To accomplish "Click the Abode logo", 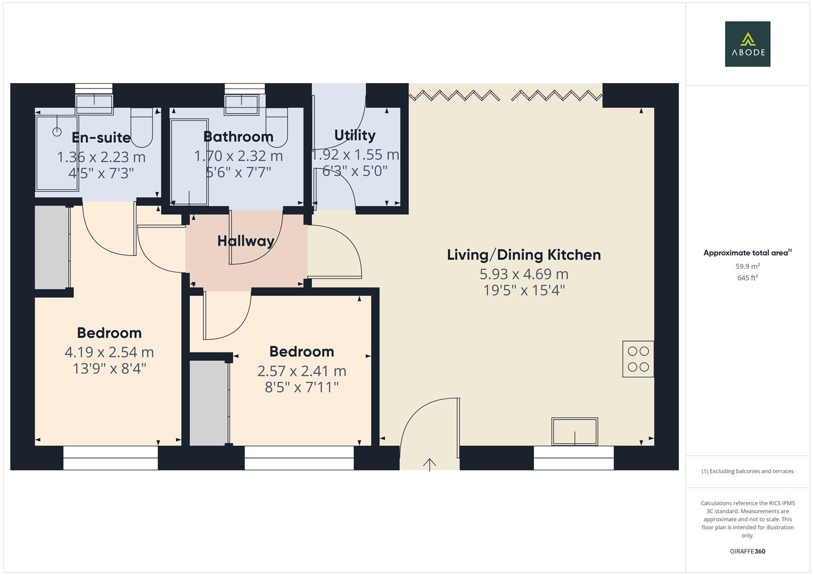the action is (748, 44).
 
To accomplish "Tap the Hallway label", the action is (246, 241).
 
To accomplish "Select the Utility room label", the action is (355, 135).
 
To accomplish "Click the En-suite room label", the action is (101, 137).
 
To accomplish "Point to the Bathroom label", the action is (239, 137).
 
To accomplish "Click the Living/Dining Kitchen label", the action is (524, 255).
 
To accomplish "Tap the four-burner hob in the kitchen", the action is (638, 359).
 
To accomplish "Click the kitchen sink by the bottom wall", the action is (574, 431).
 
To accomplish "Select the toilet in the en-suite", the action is (142, 127).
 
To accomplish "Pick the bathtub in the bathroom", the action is (189, 162).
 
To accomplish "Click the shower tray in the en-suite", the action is (57, 153).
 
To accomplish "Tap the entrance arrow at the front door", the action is (429, 465).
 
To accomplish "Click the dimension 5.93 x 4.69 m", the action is (524, 274).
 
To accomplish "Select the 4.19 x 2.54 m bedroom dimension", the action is (109, 352).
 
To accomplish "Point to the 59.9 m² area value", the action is (748, 266).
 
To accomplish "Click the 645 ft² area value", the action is (748, 278).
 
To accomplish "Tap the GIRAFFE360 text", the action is (748, 551).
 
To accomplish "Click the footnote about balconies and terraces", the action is (748, 471).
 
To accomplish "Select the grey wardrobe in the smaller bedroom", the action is (209, 403).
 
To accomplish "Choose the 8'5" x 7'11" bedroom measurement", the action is (301, 388).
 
